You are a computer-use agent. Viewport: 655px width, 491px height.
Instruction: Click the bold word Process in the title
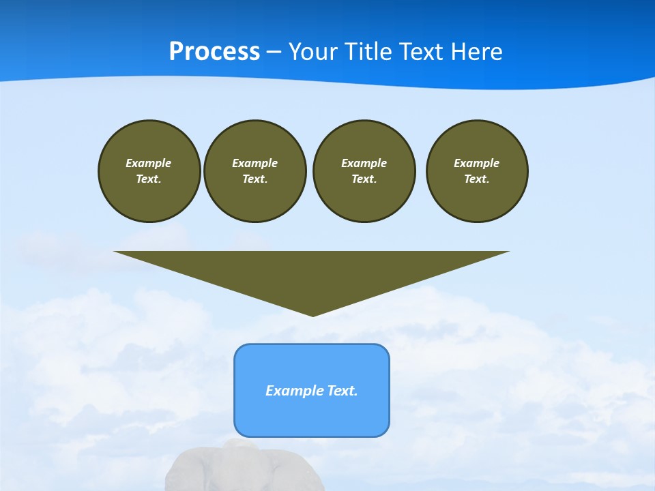(x=214, y=52)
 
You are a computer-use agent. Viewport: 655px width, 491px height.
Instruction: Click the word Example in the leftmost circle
(x=149, y=163)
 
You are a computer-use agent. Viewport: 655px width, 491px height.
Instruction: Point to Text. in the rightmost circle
(x=477, y=179)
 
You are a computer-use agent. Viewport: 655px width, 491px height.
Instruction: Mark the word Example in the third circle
(x=364, y=163)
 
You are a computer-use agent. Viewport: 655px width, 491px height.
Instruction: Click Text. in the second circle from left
(x=254, y=179)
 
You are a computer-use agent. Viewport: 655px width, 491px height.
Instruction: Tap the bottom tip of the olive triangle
(x=312, y=314)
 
